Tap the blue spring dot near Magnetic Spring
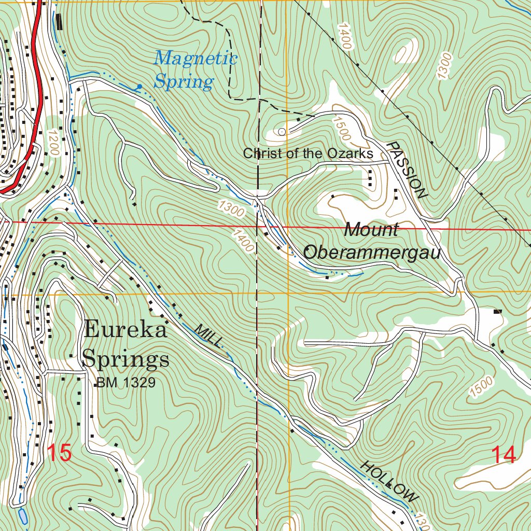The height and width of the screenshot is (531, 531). point(139,87)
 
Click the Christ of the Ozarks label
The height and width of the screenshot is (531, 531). point(308,153)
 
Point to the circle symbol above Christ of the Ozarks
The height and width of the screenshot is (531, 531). point(282,132)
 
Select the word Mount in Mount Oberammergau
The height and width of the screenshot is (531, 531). point(372,229)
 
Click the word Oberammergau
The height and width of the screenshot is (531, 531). point(371,253)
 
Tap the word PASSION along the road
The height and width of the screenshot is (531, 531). point(408,170)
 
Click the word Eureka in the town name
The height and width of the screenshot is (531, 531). point(125,329)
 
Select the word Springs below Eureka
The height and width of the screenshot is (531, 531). point(126,359)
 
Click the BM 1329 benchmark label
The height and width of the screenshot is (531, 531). point(125,383)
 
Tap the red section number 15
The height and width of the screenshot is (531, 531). point(59,453)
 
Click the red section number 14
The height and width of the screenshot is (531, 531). point(504,455)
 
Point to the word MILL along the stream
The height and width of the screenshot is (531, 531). point(210,336)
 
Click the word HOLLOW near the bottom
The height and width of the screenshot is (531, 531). point(389,481)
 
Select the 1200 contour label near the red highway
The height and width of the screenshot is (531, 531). point(53,143)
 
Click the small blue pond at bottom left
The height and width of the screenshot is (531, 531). point(22,516)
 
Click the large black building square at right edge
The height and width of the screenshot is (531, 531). point(498,312)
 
